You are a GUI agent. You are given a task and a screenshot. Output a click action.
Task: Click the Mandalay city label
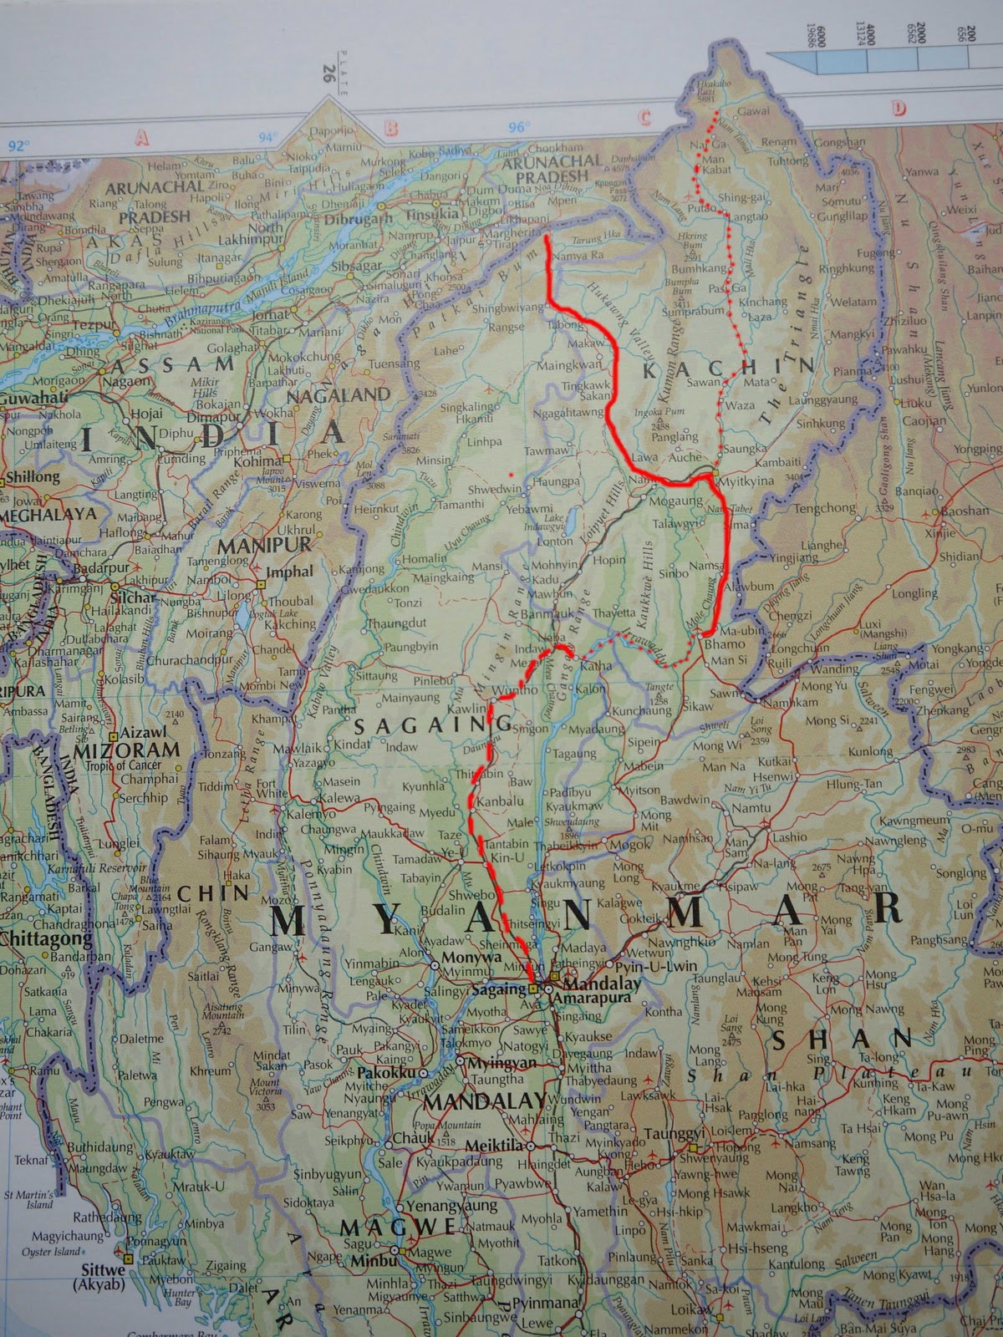point(601,983)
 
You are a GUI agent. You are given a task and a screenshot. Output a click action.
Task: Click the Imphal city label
point(289,572)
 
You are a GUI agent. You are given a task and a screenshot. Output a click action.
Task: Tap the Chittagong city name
point(46,938)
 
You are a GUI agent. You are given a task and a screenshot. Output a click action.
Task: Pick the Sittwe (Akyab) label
point(103,1276)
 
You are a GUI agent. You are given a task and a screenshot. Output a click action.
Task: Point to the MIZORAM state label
point(126,750)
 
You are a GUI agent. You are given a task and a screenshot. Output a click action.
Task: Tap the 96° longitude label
point(518,127)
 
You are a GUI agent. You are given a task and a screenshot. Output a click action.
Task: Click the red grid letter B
point(389,129)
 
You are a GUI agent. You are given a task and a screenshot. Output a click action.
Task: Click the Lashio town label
point(788,837)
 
